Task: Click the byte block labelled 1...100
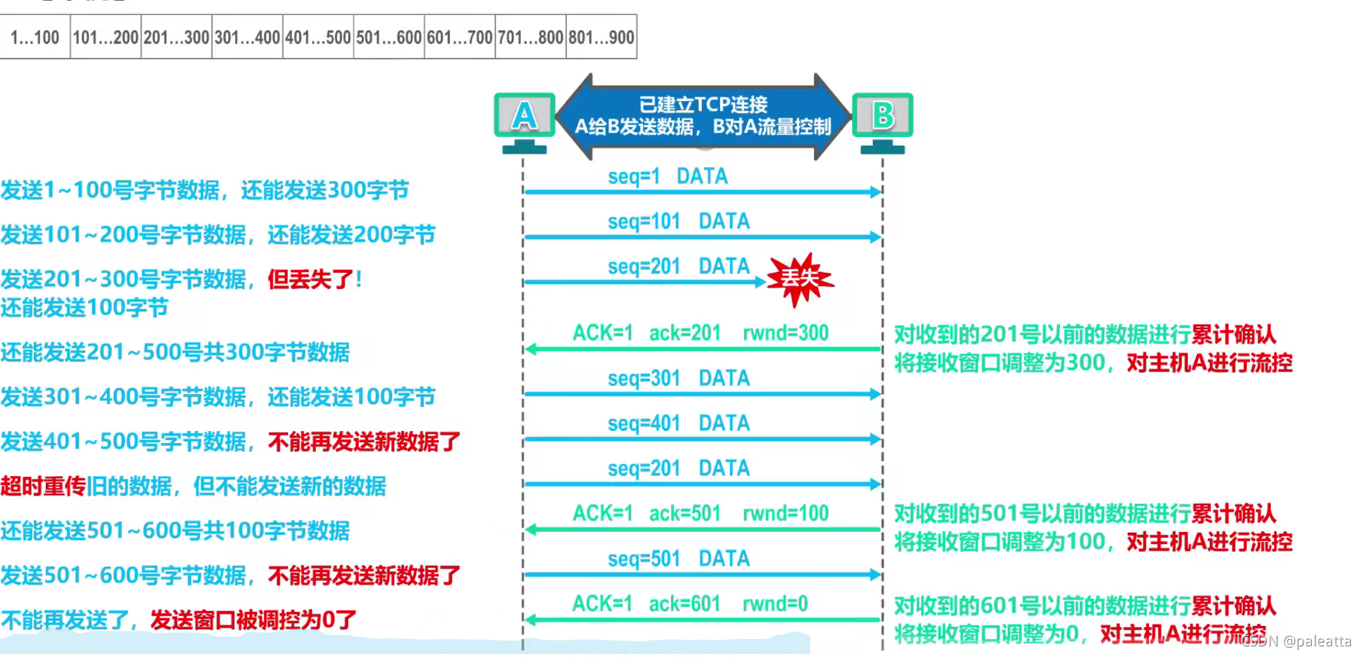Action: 35,37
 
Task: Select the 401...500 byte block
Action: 317,37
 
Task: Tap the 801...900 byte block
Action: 601,37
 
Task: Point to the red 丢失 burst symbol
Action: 800,280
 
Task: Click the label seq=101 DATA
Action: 678,222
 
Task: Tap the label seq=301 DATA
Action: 678,378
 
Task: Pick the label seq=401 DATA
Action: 678,423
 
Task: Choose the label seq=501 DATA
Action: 678,559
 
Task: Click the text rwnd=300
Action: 785,333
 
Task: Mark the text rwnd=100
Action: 785,514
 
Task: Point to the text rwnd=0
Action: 775,604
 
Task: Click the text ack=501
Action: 685,514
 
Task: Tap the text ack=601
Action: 685,604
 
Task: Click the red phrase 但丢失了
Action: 311,280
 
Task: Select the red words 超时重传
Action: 43,486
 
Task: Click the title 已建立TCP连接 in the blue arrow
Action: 703,105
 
